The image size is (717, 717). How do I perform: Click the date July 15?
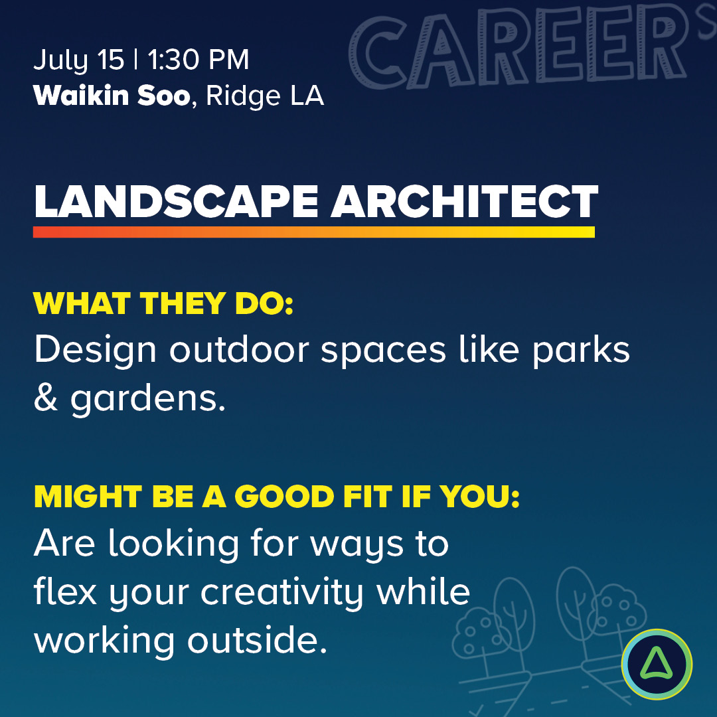click(78, 61)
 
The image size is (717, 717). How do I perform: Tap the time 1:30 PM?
click(198, 61)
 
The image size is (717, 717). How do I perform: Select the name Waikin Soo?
click(112, 96)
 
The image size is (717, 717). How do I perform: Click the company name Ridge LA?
click(265, 97)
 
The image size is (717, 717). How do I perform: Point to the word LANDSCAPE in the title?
click(176, 202)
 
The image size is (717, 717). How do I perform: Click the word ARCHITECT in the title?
click(465, 202)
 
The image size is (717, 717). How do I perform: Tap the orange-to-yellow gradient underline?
click(313, 232)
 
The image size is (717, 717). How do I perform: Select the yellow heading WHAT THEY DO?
click(163, 303)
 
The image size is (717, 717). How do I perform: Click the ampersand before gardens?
click(45, 399)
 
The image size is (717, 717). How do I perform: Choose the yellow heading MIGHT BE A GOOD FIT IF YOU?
click(276, 497)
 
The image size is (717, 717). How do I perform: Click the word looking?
click(173, 545)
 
